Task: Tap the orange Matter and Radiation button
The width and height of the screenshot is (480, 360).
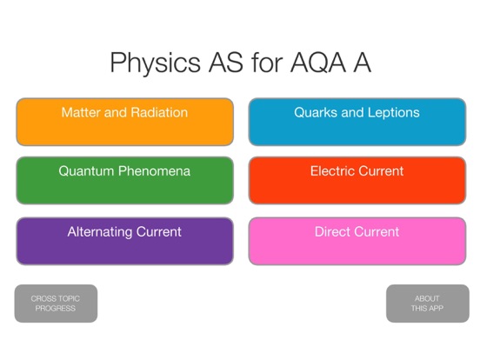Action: [x=124, y=122]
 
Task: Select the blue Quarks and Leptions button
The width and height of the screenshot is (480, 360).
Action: [x=357, y=122]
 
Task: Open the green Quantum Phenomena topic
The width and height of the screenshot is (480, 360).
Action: [x=124, y=181]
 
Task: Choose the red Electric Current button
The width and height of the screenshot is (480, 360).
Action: [x=357, y=181]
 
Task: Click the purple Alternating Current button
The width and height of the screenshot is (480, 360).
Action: [x=124, y=241]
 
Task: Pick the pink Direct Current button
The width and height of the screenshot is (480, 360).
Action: [x=357, y=241]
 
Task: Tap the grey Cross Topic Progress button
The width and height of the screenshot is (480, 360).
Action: [x=56, y=303]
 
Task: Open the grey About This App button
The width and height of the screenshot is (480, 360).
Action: [x=427, y=303]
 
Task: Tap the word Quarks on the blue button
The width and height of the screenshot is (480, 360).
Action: [x=315, y=113]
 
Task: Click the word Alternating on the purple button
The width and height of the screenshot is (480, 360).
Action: [x=102, y=232]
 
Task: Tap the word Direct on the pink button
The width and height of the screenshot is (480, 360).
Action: [x=334, y=232]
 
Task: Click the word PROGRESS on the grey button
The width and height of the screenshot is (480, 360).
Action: [x=56, y=309]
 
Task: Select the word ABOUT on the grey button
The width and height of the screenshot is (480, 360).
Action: [x=427, y=298]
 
